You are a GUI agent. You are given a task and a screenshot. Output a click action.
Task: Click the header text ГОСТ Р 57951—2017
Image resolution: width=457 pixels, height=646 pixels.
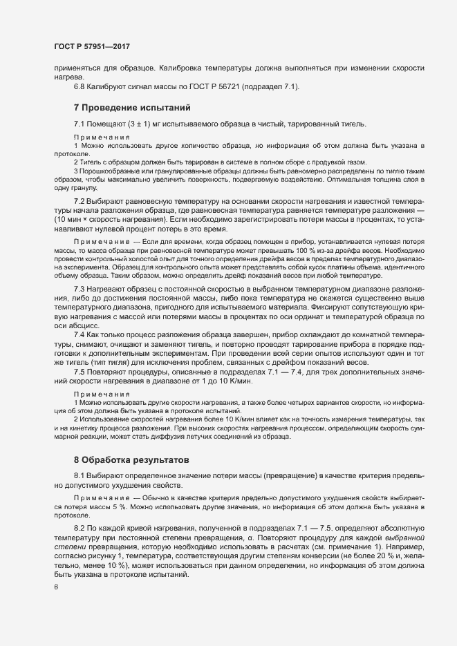pos(92,47)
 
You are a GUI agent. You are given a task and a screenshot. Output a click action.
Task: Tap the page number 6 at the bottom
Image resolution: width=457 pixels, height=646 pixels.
pos(56,587)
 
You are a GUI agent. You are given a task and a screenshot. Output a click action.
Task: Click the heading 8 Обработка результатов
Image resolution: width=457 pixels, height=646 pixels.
pos(130,459)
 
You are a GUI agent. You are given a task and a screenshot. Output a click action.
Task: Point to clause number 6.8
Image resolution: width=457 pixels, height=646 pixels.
pos(80,86)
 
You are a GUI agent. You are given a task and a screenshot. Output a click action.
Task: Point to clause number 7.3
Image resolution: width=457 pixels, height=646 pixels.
pos(80,287)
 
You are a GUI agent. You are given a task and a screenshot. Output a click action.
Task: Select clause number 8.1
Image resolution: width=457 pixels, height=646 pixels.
pos(80,476)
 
